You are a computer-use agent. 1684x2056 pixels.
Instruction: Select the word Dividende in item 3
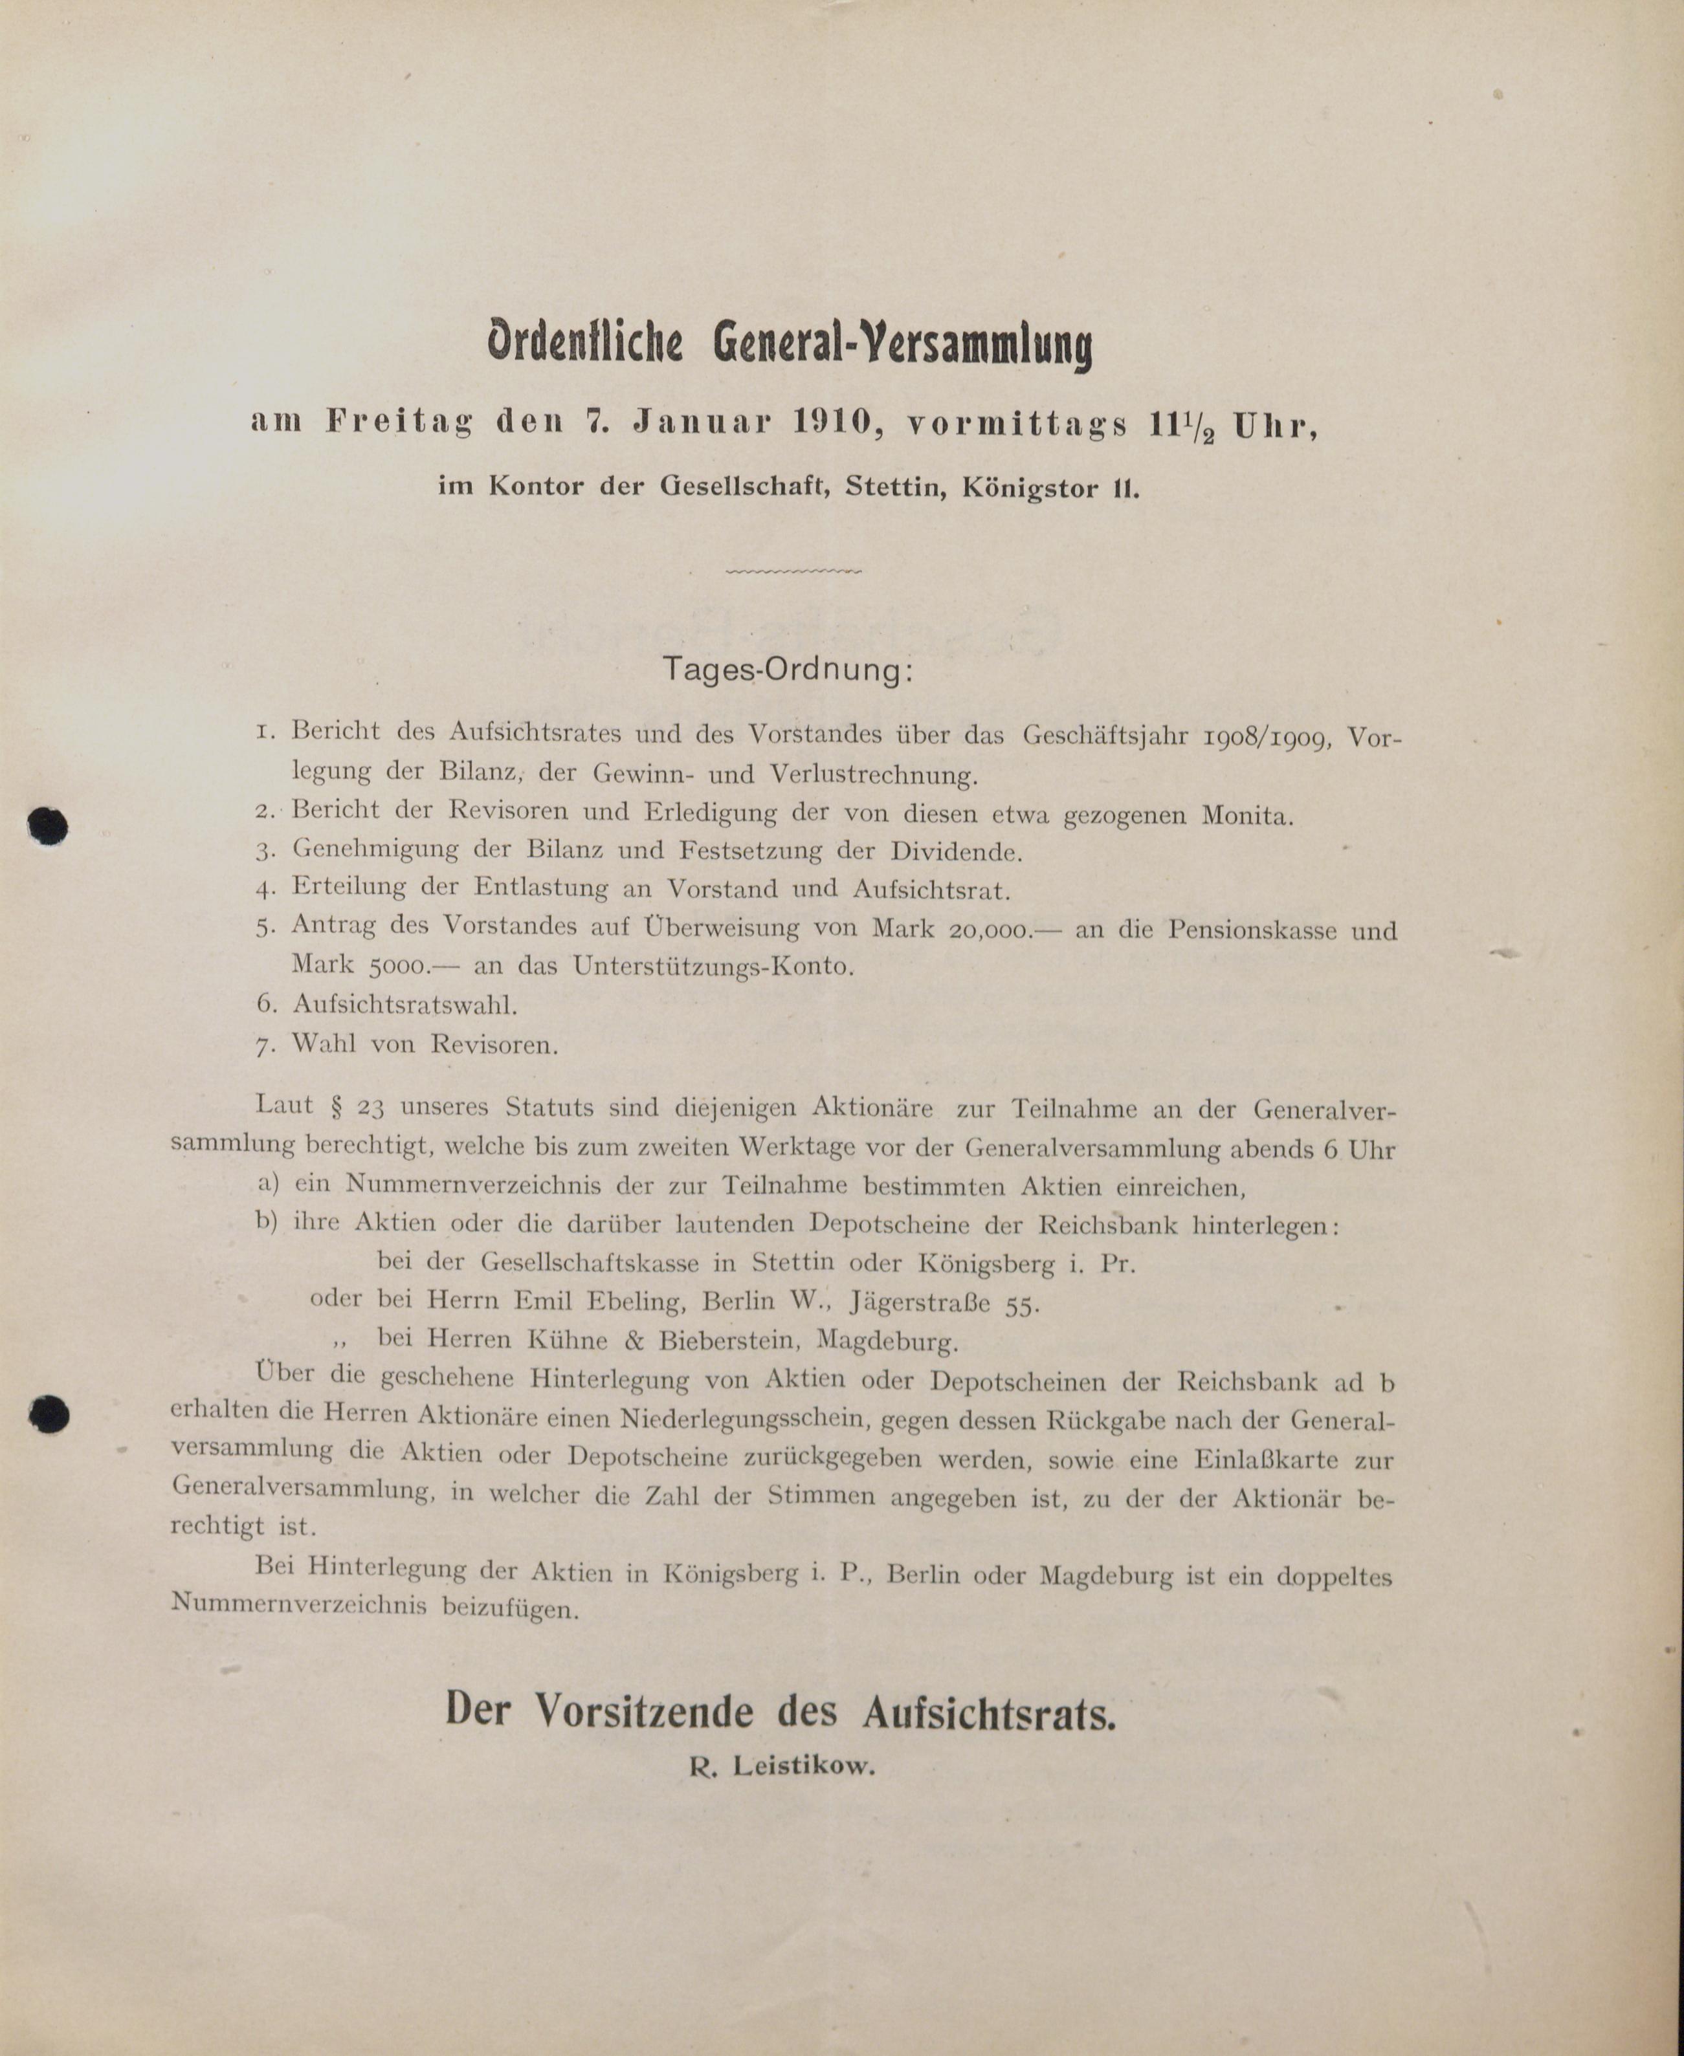(955, 853)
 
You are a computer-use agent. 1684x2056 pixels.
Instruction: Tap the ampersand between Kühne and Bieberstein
(634, 1341)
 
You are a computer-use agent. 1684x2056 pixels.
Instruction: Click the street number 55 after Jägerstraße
(1021, 1306)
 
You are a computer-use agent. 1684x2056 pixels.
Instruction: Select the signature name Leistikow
(803, 1766)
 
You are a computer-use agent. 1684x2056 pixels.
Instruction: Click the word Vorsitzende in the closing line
(644, 1711)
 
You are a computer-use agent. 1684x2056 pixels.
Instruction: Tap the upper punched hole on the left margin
(47, 826)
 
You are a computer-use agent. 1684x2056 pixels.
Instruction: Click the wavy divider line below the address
(793, 571)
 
